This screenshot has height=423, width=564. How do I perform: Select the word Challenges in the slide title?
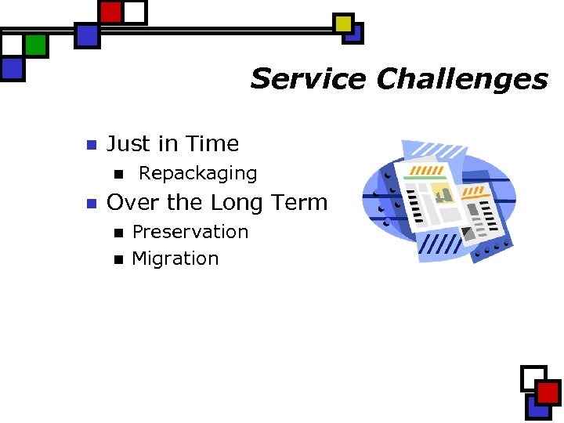(461, 79)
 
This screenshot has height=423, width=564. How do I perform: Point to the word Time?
(212, 144)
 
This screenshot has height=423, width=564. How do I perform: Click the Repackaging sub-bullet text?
(197, 173)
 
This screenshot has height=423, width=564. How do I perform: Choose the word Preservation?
(190, 233)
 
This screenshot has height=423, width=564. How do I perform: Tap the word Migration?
(175, 259)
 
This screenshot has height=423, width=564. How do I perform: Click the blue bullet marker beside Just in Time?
(90, 145)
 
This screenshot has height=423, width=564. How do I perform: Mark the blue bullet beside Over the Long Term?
(90, 204)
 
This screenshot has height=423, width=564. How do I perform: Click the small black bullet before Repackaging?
(119, 174)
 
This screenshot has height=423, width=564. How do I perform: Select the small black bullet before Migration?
(119, 259)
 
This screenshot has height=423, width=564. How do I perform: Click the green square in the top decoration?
(35, 45)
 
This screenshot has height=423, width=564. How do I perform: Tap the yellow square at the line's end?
(343, 23)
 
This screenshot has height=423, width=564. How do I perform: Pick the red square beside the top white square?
(111, 12)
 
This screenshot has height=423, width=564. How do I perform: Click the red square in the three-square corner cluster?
(548, 392)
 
